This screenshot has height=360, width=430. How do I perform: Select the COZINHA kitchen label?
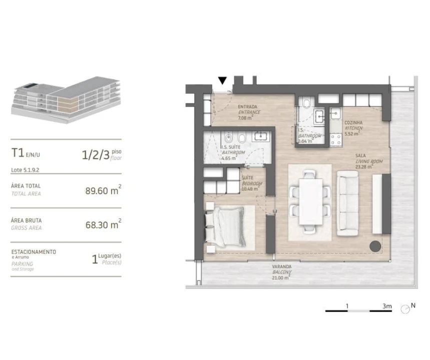click(x=353, y=125)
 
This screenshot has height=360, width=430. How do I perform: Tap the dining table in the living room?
click(x=310, y=201)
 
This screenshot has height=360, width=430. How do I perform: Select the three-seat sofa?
click(x=348, y=203)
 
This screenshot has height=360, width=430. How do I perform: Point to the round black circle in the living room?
click(x=374, y=245)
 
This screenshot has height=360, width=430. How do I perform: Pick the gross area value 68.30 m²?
click(x=103, y=225)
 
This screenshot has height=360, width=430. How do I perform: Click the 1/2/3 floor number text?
click(x=96, y=155)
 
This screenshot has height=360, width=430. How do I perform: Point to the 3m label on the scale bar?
click(x=386, y=305)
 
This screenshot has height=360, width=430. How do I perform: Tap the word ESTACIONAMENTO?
click(x=34, y=251)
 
